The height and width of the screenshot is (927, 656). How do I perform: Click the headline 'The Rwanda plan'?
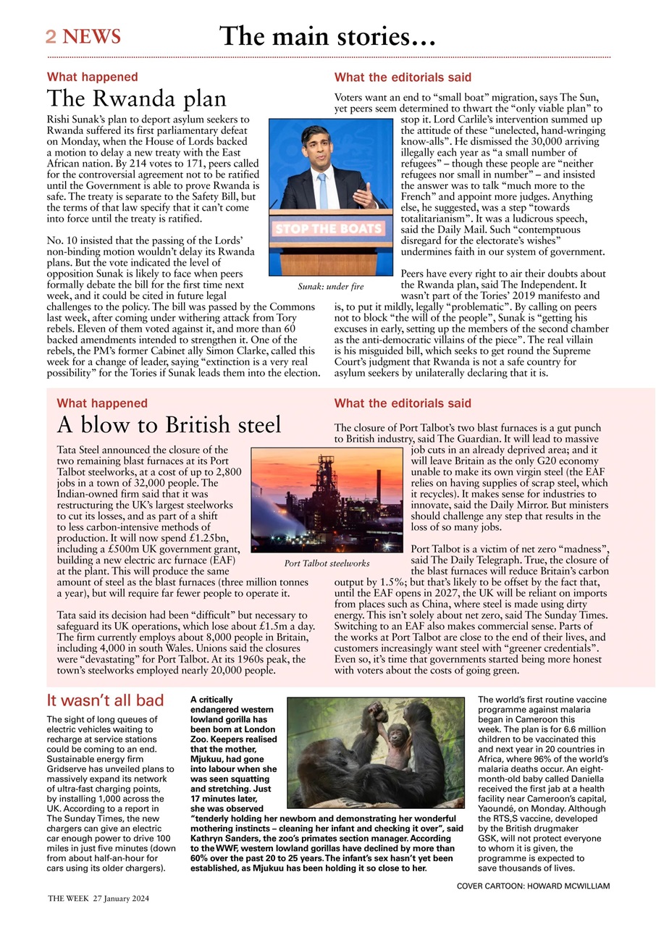coord(137,98)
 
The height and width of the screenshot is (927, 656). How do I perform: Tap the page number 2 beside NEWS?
coord(51,37)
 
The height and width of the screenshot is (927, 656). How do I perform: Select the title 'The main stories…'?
coord(327,35)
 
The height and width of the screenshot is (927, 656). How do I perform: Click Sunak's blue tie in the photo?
coord(323,190)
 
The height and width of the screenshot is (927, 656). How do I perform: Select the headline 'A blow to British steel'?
coord(169,424)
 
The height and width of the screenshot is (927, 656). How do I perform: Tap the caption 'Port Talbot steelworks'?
coord(327,563)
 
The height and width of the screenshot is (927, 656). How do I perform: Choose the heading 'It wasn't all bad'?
coord(106,700)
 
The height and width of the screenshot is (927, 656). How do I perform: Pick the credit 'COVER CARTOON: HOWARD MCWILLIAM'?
coord(533,886)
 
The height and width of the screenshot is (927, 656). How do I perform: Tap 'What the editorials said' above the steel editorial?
coord(403,403)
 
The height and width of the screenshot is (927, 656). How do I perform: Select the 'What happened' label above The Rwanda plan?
coord(93,77)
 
